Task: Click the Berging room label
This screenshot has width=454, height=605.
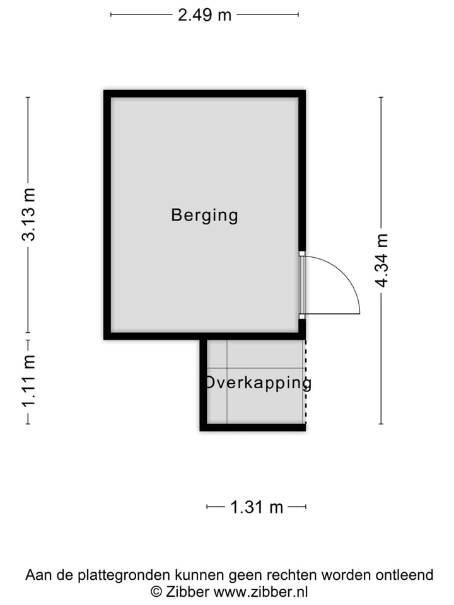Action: click(x=204, y=216)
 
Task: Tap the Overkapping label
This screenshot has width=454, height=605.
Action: click(x=257, y=383)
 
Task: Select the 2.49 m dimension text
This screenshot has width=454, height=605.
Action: click(x=204, y=14)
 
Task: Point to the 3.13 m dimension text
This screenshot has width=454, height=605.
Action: click(x=29, y=214)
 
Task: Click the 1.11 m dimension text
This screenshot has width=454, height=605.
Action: click(x=29, y=381)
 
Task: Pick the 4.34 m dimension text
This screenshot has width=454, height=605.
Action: click(x=381, y=260)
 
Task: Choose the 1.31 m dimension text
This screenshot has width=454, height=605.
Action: click(x=257, y=507)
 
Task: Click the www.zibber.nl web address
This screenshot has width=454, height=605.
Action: click(x=260, y=592)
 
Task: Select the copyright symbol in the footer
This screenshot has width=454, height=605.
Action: click(x=156, y=592)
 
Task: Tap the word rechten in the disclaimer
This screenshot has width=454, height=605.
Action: click(x=294, y=575)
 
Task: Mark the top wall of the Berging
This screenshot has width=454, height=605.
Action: click(x=204, y=94)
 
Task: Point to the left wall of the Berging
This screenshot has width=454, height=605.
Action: click(x=107, y=214)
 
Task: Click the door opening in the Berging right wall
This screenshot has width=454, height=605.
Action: click(x=302, y=284)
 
